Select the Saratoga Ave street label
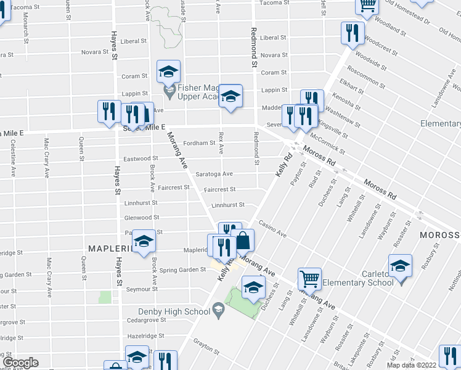(214, 174)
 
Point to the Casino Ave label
(272, 229)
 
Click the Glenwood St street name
(142, 218)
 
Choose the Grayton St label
(206, 347)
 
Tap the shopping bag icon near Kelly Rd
(243, 240)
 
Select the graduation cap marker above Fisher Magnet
(168, 72)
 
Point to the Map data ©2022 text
(409, 365)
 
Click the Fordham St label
(200, 143)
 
